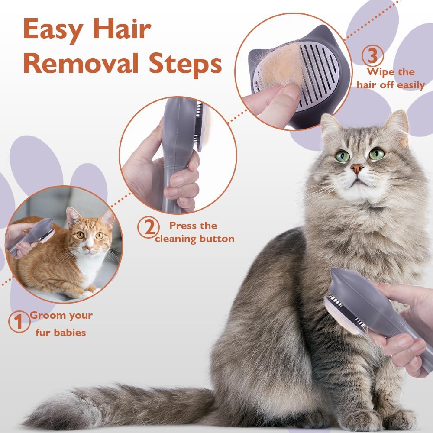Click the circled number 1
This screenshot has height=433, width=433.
coord(19,321)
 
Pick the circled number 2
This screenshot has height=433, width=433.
coord(149,227)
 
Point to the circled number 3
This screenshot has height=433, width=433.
coord(372,56)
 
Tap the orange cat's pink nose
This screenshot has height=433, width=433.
coord(88,247)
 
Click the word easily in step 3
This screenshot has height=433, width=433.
coord(411,85)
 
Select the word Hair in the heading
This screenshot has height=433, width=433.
coord(123,29)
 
